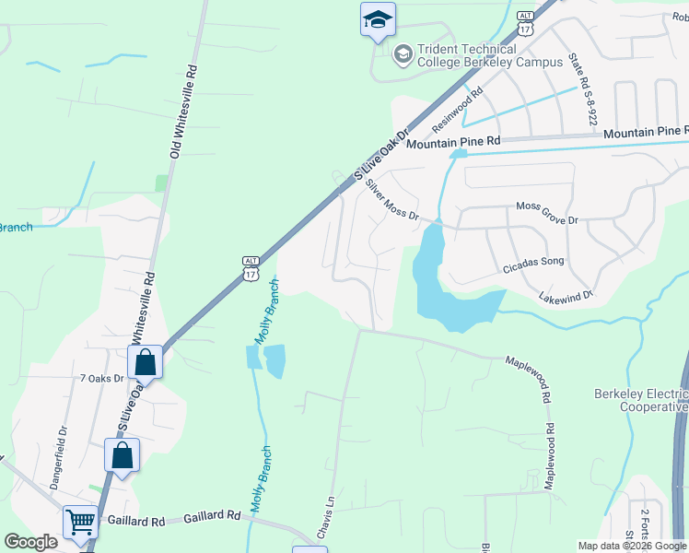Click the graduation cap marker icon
click(x=378, y=19)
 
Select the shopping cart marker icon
click(x=80, y=523)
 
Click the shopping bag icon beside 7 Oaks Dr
click(x=146, y=362)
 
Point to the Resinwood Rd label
click(x=458, y=108)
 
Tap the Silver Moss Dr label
click(x=391, y=200)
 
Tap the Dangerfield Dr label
click(x=62, y=448)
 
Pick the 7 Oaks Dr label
click(x=101, y=378)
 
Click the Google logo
click(x=30, y=542)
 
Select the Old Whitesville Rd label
click(x=180, y=111)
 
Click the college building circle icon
click(x=403, y=55)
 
